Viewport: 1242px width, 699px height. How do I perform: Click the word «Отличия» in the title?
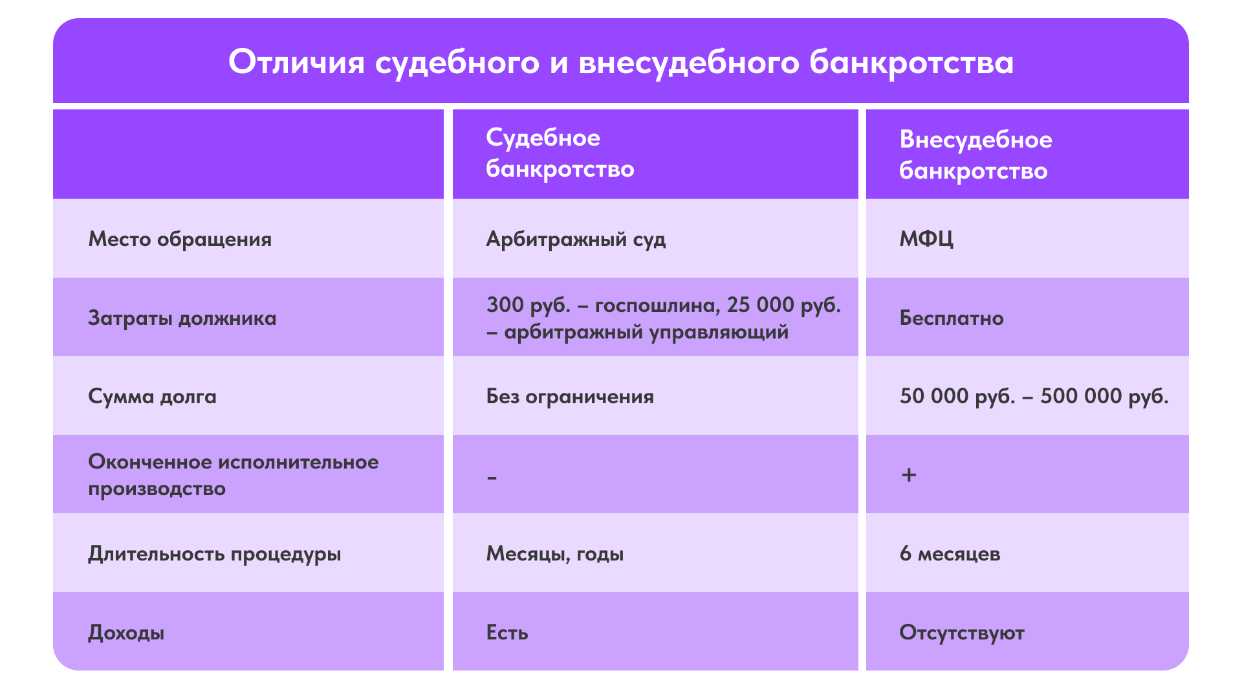[296, 63]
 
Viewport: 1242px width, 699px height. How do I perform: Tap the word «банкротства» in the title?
[911, 63]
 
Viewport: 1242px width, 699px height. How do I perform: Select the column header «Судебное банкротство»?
[560, 153]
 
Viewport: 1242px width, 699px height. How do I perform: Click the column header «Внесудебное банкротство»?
[975, 155]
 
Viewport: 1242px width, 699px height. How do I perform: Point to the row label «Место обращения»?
[180, 239]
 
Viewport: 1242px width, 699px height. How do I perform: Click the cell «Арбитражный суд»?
[576, 239]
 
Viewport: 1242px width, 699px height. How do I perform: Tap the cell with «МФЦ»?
[926, 239]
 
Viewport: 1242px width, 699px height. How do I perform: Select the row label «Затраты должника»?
[182, 318]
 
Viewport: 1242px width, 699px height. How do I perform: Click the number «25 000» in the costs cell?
[761, 305]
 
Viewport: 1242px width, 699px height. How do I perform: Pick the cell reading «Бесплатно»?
[952, 318]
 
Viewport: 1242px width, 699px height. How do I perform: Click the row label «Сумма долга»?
[152, 397]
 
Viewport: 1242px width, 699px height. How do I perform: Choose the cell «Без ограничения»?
[570, 397]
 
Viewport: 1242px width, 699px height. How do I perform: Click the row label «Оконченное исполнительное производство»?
[233, 475]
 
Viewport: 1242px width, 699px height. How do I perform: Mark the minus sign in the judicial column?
[492, 478]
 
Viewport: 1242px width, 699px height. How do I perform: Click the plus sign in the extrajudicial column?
[909, 475]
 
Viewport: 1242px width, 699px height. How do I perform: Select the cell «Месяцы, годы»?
[555, 554]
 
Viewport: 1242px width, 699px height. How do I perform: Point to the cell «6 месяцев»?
[950, 554]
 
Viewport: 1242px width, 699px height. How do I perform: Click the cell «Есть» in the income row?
[507, 632]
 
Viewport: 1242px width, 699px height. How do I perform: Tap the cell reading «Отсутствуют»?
[962, 633]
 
